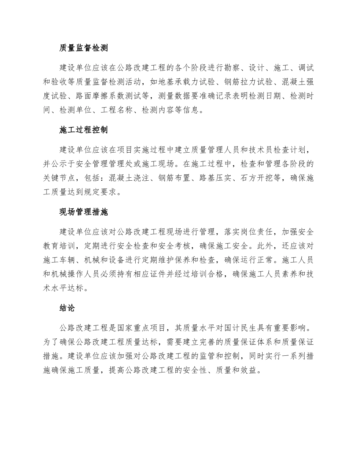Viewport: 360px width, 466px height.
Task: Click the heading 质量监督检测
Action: (x=84, y=48)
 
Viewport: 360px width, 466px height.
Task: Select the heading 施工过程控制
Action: (x=84, y=130)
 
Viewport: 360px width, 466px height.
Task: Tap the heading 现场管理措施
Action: (x=84, y=212)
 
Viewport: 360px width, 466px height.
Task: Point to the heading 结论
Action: (x=67, y=308)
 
